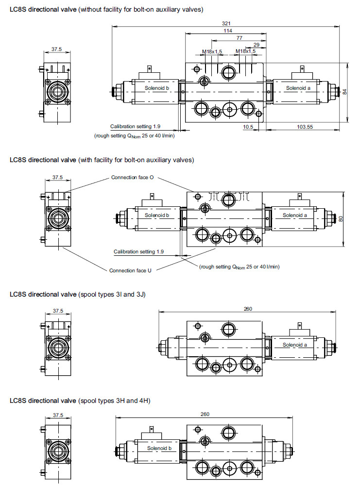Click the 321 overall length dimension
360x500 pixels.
225,23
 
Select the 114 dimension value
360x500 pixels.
227,31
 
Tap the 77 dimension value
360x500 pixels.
240,37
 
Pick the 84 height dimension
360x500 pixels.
344,91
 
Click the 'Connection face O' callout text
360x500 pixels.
133,177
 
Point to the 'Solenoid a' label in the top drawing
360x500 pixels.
297,88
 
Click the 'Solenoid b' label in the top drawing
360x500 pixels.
157,88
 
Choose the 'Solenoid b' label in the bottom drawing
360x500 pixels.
159,448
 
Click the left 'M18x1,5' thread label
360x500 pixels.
212,51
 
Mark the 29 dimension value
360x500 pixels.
257,44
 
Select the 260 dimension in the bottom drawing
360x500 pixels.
205,414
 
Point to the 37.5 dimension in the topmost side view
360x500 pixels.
57,49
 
